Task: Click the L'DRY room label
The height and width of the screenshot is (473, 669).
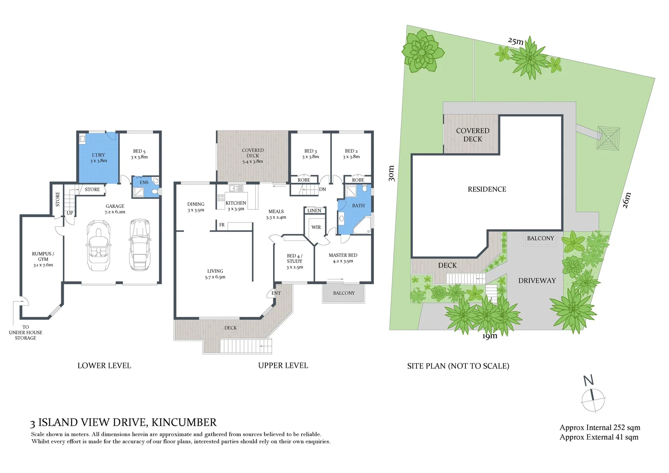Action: pyautogui.click(x=99, y=158)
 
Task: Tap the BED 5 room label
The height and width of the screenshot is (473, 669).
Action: pyautogui.click(x=139, y=154)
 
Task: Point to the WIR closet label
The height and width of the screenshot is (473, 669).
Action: pyautogui.click(x=316, y=227)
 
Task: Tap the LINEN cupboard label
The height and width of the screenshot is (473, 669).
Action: pyautogui.click(x=314, y=211)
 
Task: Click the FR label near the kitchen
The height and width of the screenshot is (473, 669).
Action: pyautogui.click(x=222, y=225)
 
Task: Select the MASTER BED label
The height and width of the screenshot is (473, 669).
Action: pyautogui.click(x=343, y=258)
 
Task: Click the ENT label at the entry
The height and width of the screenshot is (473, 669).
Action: pyautogui.click(x=276, y=293)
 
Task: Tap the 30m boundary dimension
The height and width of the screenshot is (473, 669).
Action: pyautogui.click(x=391, y=173)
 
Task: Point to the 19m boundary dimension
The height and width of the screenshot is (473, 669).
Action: pyautogui.click(x=490, y=336)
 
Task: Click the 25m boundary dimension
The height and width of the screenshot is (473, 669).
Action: pyautogui.click(x=516, y=41)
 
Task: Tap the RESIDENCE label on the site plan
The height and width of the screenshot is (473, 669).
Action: pyautogui.click(x=487, y=189)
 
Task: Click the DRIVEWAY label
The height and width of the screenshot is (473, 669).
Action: pyautogui.click(x=537, y=281)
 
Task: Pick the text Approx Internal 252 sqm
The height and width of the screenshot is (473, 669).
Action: pyautogui.click(x=599, y=427)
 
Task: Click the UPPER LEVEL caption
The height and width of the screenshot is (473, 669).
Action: pyautogui.click(x=283, y=366)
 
